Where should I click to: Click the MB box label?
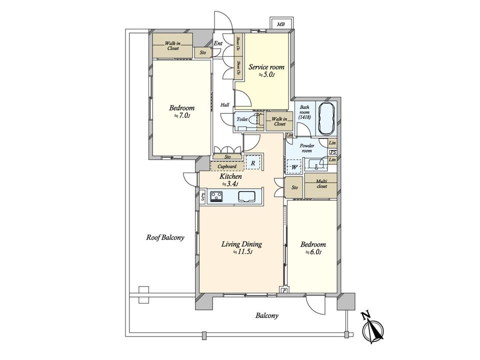(x=280, y=24)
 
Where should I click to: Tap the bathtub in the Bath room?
(x=327, y=118)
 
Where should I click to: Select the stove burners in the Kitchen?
(x=216, y=196)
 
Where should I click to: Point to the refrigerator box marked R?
(x=253, y=163)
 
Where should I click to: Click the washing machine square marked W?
(x=294, y=167)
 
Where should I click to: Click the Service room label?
(x=266, y=66)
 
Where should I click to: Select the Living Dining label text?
(x=241, y=244)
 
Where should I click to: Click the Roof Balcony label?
(x=165, y=237)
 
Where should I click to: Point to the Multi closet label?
(x=321, y=183)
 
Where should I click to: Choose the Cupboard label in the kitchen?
(x=227, y=166)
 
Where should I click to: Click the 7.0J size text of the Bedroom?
(x=182, y=115)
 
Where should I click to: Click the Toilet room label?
(x=242, y=119)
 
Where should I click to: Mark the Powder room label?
(x=306, y=148)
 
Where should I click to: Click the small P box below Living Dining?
(x=284, y=290)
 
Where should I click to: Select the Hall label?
(x=225, y=105)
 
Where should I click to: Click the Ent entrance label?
(x=218, y=43)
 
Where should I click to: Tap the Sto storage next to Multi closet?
(x=294, y=187)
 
